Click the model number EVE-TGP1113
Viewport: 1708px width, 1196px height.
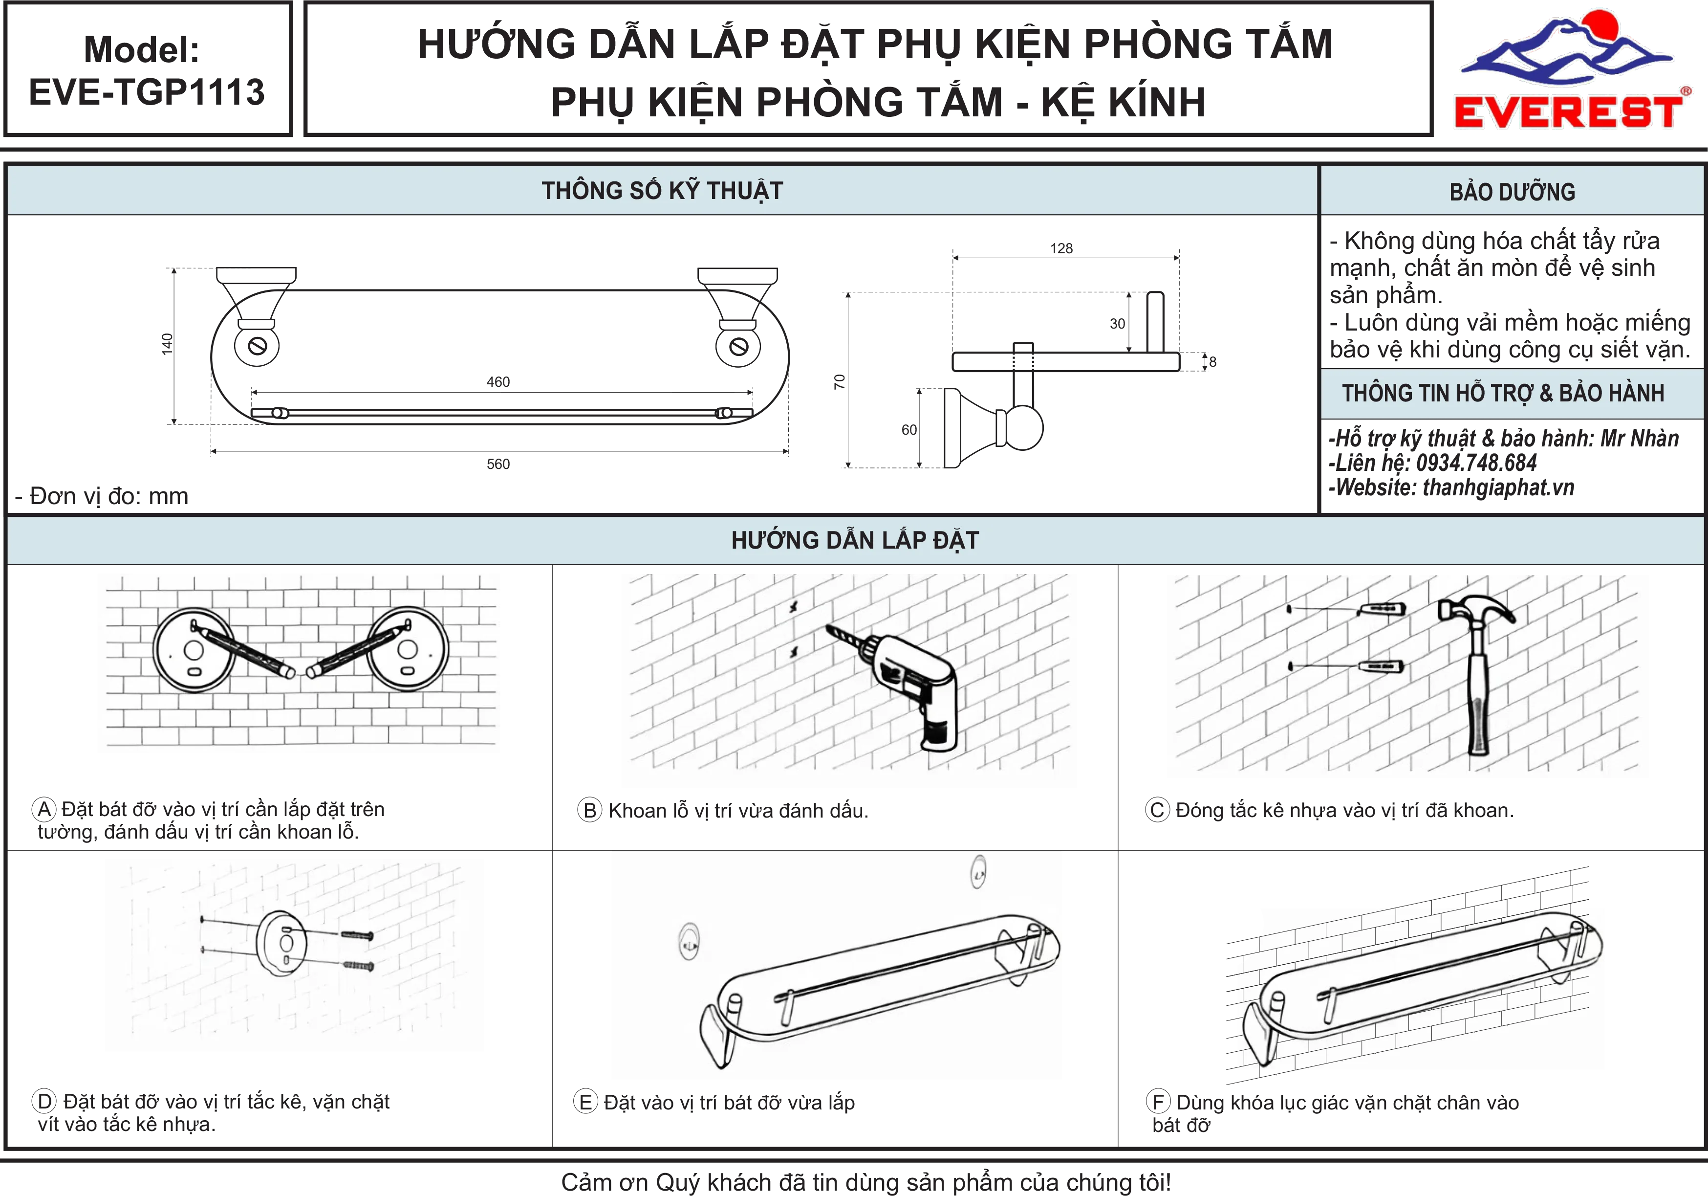pos(147,92)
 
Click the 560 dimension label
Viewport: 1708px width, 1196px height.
pos(498,465)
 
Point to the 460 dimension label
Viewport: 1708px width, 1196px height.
pos(498,382)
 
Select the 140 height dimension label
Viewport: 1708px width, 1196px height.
pos(167,344)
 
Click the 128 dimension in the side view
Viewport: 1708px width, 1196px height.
pos(1061,248)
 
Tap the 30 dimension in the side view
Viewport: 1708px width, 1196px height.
pos(1117,324)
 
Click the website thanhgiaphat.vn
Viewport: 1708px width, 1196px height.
pos(1498,487)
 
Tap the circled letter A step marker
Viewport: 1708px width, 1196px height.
pos(44,809)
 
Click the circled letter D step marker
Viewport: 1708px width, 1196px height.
pos(44,1102)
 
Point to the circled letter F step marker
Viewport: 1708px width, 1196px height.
pos(1158,1102)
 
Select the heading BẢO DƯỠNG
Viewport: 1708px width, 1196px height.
pos(1513,192)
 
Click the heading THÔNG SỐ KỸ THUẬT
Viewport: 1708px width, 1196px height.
pos(662,191)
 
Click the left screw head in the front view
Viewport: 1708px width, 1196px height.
pos(258,346)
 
